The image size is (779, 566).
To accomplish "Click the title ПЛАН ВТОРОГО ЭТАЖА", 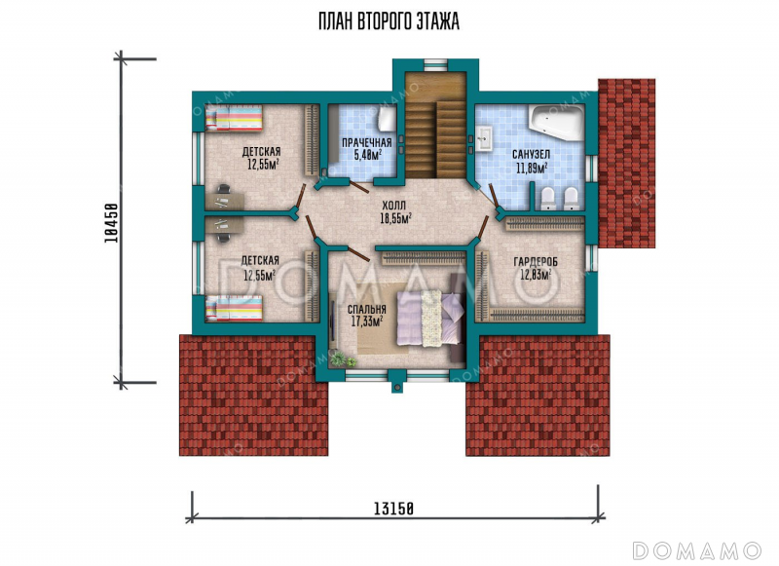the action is click(389, 21).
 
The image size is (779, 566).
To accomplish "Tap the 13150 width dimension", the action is click(394, 509).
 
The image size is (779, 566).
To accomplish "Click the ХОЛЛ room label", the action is click(394, 205).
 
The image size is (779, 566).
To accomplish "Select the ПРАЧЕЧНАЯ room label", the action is click(367, 142).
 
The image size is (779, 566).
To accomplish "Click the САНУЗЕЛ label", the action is click(531, 155).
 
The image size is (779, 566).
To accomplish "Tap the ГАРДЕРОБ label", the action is click(535, 261).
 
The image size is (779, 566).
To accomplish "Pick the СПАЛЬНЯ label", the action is click(367, 310).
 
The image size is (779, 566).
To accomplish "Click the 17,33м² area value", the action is click(367, 321).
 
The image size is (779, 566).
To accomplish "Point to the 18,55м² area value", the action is click(395, 217).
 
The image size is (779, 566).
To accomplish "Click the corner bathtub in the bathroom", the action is click(555, 123).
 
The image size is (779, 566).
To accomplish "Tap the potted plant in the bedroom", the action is click(338, 358).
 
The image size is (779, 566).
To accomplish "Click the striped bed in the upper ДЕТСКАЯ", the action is click(234, 119).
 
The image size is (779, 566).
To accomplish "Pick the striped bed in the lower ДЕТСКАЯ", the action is click(234, 308).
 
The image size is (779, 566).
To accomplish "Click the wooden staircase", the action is click(435, 125).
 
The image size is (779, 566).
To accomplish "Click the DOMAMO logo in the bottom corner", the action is click(696, 550).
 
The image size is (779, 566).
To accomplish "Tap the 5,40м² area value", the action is click(368, 155).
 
